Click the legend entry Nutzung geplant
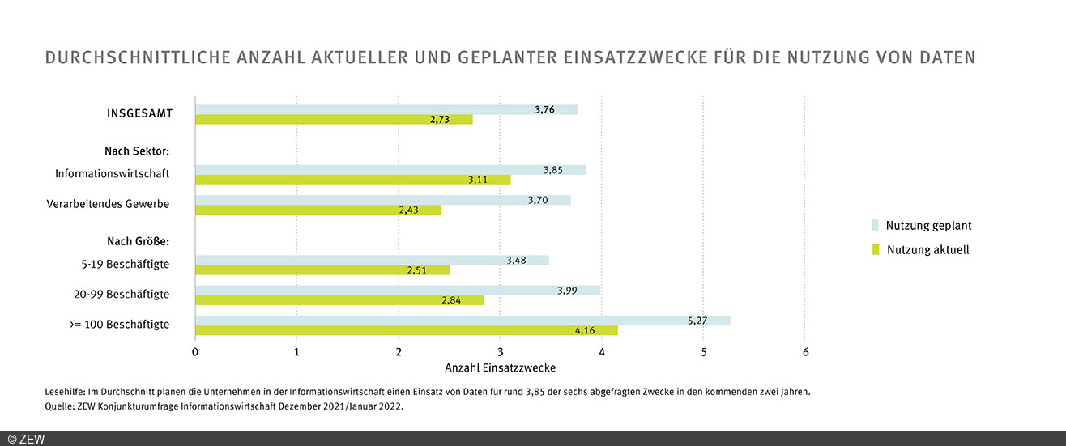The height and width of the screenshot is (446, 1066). pos(928,226)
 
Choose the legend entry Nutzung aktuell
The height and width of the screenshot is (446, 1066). pos(927,250)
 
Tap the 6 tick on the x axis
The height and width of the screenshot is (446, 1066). pos(805,352)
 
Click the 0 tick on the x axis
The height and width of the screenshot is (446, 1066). pos(195,352)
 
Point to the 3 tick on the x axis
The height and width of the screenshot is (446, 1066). pos(500,352)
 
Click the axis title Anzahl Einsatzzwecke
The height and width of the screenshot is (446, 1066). pos(500,368)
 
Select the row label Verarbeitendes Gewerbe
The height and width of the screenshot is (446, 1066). pos(108,204)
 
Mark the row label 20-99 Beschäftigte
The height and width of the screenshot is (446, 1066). pos(122,294)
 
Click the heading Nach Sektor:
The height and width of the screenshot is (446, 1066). pos(136,151)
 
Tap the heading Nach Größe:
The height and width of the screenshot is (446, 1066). pos(138,241)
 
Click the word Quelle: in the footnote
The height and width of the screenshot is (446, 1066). pos(62,407)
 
